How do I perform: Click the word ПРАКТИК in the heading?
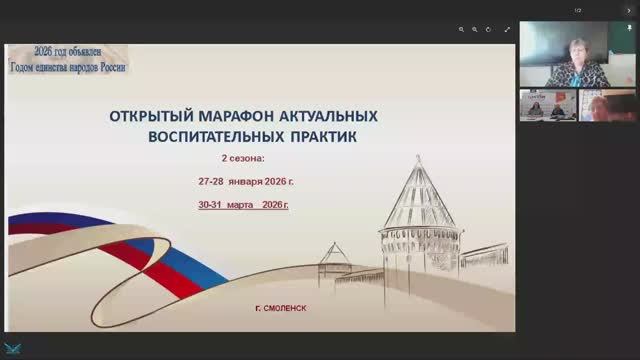[x=323, y=133]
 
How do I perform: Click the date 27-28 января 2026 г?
[x=246, y=182]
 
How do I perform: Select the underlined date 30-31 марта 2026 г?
[x=244, y=204]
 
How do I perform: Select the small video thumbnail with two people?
[x=547, y=105]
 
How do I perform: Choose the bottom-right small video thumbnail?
[x=607, y=105]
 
